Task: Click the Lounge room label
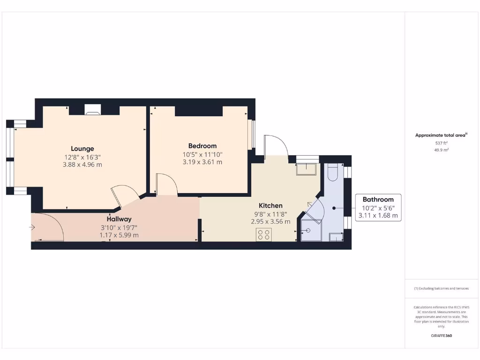pyautogui.click(x=82, y=149)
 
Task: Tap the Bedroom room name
pyautogui.click(x=202, y=146)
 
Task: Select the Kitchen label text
pyautogui.click(x=271, y=205)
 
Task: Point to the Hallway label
pyautogui.click(x=119, y=219)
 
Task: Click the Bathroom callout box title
pyautogui.click(x=378, y=199)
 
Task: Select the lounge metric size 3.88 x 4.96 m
pyautogui.click(x=82, y=165)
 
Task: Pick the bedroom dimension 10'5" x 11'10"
pyautogui.click(x=202, y=154)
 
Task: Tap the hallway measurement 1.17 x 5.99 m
pyautogui.click(x=119, y=235)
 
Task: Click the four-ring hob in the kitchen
pyautogui.click(x=263, y=235)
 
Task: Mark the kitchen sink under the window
pyautogui.click(x=307, y=169)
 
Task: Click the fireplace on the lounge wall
pyautogui.click(x=92, y=110)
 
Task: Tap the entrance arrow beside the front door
pyautogui.click(x=32, y=228)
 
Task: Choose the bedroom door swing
pyautogui.click(x=166, y=184)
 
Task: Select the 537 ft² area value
pyautogui.click(x=441, y=143)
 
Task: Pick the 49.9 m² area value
pyautogui.click(x=441, y=150)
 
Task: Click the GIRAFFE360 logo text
pyautogui.click(x=441, y=336)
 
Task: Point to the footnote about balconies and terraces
pyautogui.click(x=441, y=289)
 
